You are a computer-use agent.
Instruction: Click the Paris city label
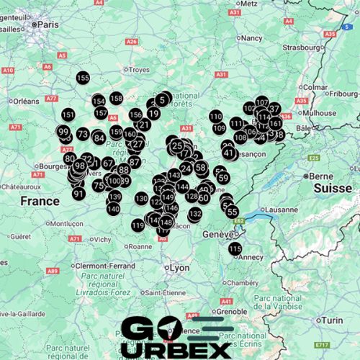click(x=49, y=24)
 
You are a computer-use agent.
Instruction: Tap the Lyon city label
click(x=179, y=268)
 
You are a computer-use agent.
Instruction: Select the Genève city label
click(x=219, y=235)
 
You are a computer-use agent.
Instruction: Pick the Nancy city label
click(x=252, y=37)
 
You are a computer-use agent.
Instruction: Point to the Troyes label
click(x=138, y=70)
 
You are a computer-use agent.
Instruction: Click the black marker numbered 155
click(x=83, y=78)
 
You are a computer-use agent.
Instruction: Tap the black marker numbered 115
click(x=235, y=248)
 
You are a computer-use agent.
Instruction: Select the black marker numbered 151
click(x=68, y=114)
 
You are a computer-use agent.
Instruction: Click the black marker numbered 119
click(x=138, y=225)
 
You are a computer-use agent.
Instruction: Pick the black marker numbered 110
click(x=216, y=116)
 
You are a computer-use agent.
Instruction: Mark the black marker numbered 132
click(x=195, y=214)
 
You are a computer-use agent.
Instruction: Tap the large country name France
click(x=40, y=201)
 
